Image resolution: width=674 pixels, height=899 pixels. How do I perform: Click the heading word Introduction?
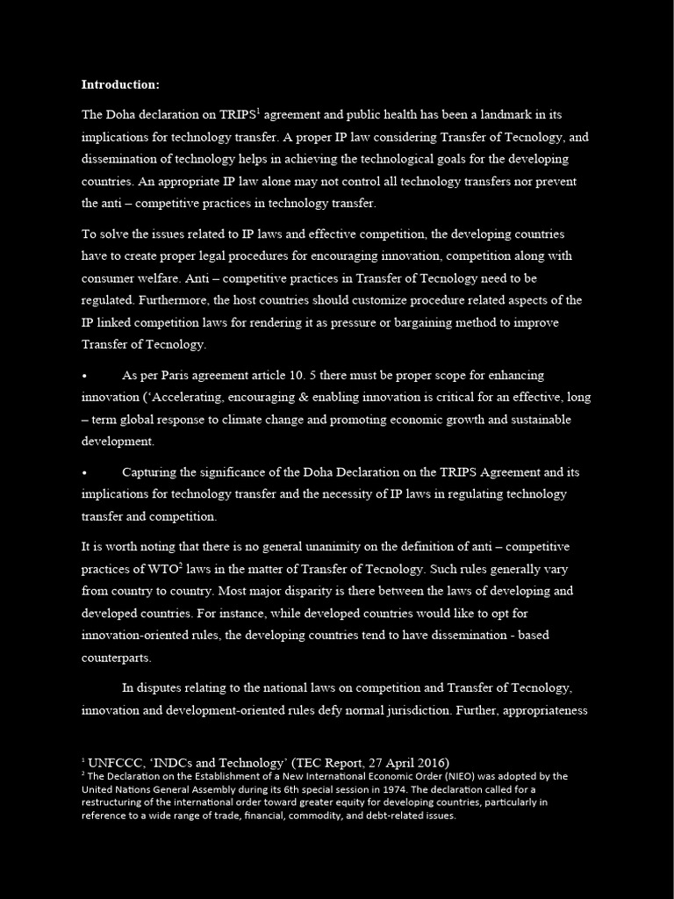pyautogui.click(x=120, y=85)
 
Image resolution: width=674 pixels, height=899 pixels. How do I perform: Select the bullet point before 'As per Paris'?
pyautogui.click(x=84, y=376)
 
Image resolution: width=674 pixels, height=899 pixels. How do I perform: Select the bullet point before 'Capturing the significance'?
pyautogui.click(x=84, y=472)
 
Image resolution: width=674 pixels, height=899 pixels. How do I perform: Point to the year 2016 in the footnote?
pyautogui.click(x=428, y=762)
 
